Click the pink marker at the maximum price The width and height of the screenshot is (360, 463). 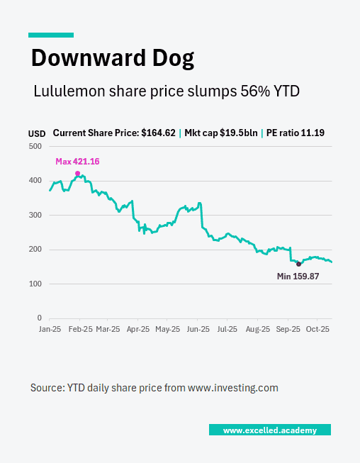(x=77, y=173)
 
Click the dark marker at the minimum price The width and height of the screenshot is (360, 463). (x=298, y=264)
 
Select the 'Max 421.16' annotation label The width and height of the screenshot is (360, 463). (x=77, y=162)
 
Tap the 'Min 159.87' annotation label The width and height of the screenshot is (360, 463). (x=298, y=276)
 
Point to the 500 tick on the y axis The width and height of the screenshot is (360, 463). (x=35, y=146)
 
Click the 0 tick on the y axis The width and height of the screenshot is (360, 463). (x=40, y=318)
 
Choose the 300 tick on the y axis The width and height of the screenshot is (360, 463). (x=35, y=215)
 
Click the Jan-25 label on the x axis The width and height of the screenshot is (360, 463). (x=50, y=330)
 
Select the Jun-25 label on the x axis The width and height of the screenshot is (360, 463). (x=198, y=330)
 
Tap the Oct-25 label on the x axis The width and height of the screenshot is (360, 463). (x=317, y=330)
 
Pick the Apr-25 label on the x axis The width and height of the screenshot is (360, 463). (x=138, y=330)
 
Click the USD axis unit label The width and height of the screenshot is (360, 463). (x=37, y=133)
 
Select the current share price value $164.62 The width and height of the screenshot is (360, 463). (x=158, y=133)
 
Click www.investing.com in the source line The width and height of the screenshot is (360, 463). (x=232, y=388)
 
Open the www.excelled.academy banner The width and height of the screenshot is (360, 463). (x=269, y=430)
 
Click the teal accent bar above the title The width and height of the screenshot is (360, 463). (x=51, y=35)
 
